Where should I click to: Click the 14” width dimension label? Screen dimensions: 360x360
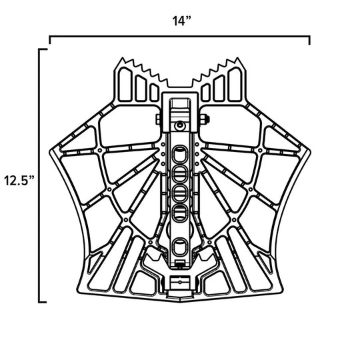[179, 21]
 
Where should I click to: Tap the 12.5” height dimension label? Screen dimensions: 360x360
[18, 180]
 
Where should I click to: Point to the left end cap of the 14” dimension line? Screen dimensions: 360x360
[50, 40]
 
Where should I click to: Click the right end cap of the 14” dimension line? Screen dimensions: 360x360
[309, 40]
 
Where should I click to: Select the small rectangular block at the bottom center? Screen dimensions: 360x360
[179, 283]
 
